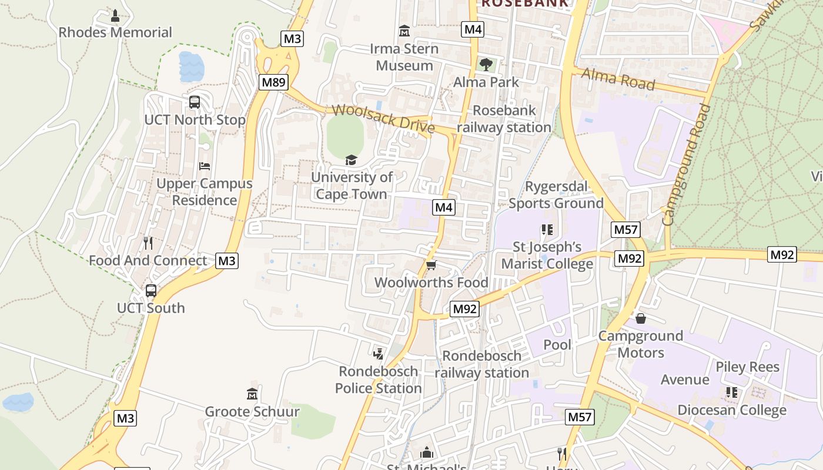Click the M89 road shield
[273, 82]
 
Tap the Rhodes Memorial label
[115, 32]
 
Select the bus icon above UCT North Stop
[195, 102]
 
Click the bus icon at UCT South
[151, 290]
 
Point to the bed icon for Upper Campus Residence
[205, 166]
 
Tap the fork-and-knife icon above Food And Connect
[148, 243]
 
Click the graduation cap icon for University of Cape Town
[351, 160]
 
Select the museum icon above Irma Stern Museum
[404, 31]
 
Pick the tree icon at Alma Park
[486, 64]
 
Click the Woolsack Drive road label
[383, 118]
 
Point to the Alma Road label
[618, 79]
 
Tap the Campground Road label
[686, 164]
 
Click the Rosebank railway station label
[504, 119]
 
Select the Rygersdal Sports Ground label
[556, 195]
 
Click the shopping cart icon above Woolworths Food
[431, 266]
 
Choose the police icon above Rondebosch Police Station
[379, 354]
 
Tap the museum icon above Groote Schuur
[252, 394]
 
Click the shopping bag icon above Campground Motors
[641, 318]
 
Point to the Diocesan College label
[732, 410]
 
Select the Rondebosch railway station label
[482, 364]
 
